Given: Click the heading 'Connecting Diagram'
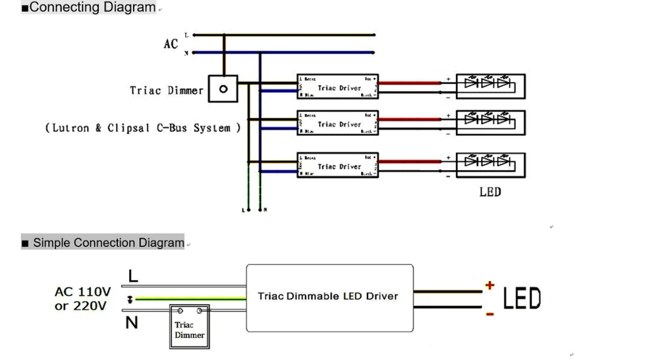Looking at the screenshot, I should tap(92, 8).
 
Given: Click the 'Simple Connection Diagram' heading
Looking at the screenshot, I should tap(108, 243).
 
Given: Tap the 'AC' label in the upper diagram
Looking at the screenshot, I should tap(170, 44).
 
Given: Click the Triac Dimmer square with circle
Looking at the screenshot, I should tap(223, 90).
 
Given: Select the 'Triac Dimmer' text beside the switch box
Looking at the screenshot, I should tap(166, 91).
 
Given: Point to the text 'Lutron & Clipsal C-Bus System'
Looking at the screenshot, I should tap(143, 128).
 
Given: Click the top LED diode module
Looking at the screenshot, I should tap(491, 86).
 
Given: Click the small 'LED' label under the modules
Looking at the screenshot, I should tap(490, 192).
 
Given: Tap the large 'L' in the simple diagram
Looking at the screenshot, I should tap(133, 276).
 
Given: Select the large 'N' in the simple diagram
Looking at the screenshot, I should tap(132, 323).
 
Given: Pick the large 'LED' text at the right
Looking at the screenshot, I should tap(522, 299).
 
